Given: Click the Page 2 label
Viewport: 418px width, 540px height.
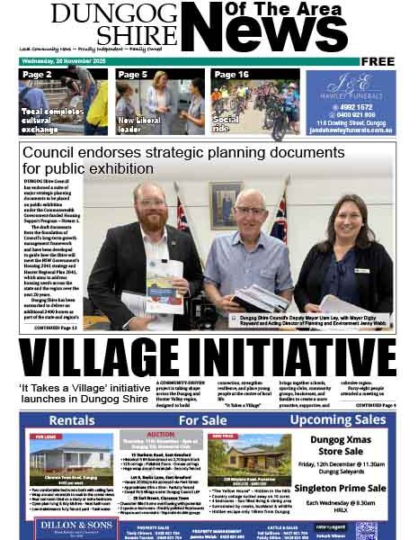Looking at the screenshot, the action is (x=37, y=75).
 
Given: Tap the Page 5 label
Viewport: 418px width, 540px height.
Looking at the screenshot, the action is (x=132, y=75).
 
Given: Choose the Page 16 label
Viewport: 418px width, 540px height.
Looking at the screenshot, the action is (x=231, y=75).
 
